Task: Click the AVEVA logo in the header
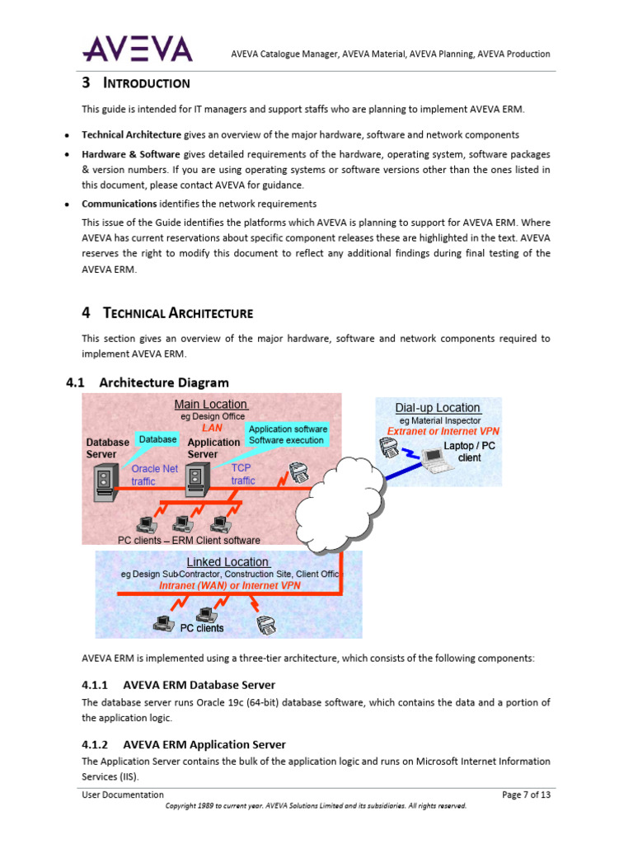tap(137, 49)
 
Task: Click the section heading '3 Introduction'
tap(136, 83)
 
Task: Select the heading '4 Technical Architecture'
tap(167, 312)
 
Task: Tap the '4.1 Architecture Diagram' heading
tap(147, 382)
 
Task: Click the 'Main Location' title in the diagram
tap(210, 404)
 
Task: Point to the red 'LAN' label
tap(212, 428)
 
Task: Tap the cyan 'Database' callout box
tap(157, 440)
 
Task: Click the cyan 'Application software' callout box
tap(287, 434)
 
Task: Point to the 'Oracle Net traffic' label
tap(154, 475)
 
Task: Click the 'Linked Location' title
tap(227, 562)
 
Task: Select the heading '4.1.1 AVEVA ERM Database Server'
tap(178, 685)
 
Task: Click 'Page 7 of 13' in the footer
tap(526, 795)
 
